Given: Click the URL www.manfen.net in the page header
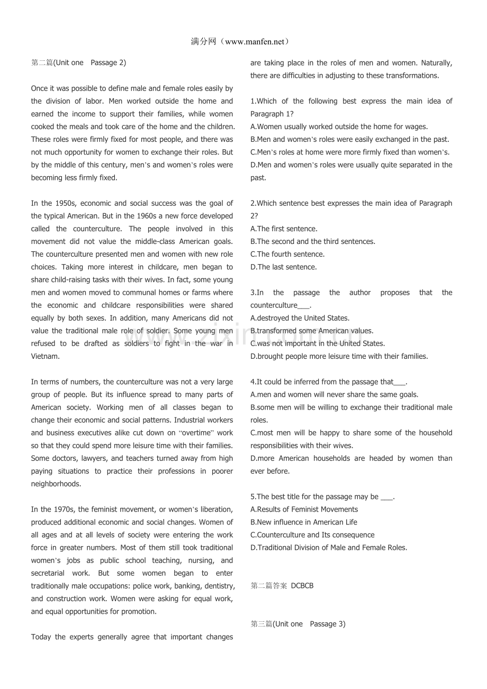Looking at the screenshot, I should tap(255, 42).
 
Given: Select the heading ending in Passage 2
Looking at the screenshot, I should tap(78, 62).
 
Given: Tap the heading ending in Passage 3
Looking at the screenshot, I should tap(298, 624).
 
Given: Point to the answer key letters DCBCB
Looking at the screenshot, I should tap(302, 586).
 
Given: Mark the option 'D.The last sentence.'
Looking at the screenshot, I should tap(284, 267).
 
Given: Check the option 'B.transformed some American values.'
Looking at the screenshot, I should tap(312, 331).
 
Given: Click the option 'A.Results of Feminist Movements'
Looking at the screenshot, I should tap(304, 510).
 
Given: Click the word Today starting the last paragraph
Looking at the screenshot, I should tap(41, 637).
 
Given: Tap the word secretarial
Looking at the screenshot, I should tap(48, 573).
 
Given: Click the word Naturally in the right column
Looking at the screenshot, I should tap(436, 62).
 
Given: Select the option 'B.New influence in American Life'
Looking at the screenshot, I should tap(304, 522).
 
